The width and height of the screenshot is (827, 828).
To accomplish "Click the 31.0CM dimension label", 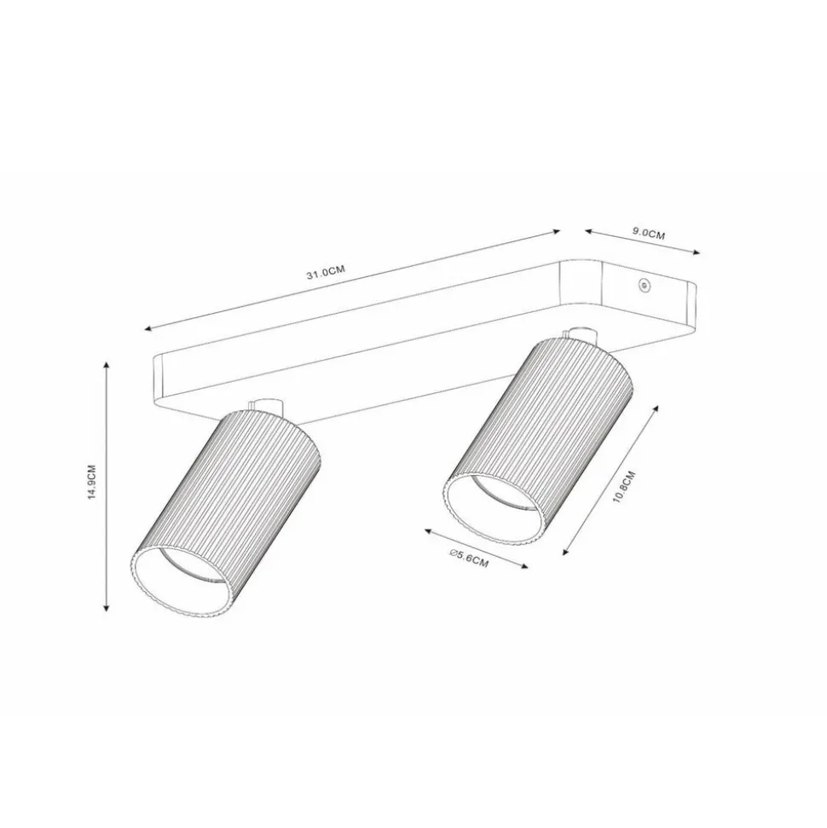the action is tap(326, 272).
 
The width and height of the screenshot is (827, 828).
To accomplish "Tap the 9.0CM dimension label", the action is tap(648, 233).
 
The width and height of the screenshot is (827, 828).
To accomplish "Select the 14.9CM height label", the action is tap(92, 482).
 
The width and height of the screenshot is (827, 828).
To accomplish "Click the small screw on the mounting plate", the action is tap(643, 285).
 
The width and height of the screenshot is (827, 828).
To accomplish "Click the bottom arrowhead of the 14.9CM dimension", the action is tap(107, 607).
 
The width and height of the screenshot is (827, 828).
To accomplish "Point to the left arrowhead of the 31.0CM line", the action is tap(147, 329).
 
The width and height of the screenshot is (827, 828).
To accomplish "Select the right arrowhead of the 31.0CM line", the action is tap(556, 231).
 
